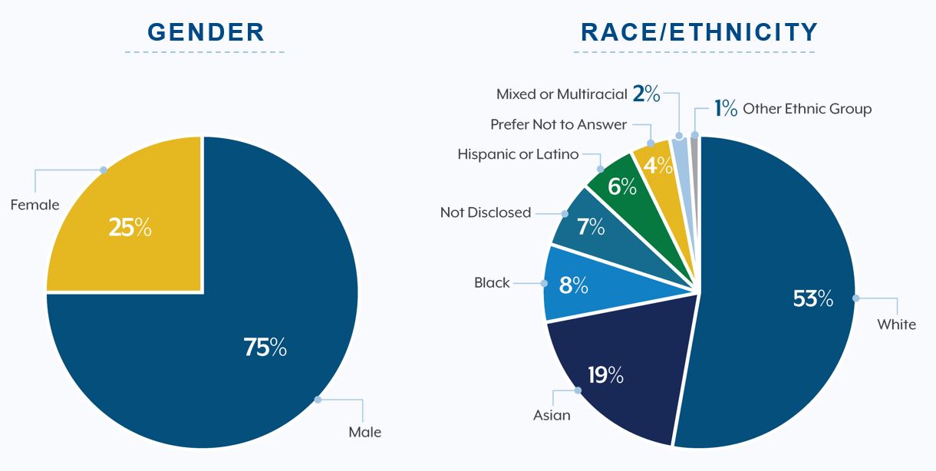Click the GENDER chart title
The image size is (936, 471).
[x=206, y=32]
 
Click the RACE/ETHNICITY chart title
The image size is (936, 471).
[x=699, y=32]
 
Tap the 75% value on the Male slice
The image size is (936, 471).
[x=265, y=347]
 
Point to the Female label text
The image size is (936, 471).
[x=35, y=205]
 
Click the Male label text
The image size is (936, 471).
[x=364, y=432]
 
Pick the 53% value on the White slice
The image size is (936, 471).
[x=812, y=298]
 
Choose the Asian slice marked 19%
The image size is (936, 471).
[x=605, y=375]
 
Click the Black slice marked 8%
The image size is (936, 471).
[x=573, y=285]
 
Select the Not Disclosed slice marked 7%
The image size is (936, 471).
[x=589, y=227]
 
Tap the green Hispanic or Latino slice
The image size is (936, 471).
[x=621, y=186]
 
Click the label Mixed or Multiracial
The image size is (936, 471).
[x=562, y=94]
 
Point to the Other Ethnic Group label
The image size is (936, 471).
[x=807, y=109]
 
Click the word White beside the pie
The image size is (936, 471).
[x=896, y=324]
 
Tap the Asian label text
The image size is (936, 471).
[x=552, y=415]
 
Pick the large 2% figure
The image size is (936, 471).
[x=646, y=94]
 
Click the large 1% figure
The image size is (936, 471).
[x=726, y=108]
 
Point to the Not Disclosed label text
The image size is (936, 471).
[x=485, y=212]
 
